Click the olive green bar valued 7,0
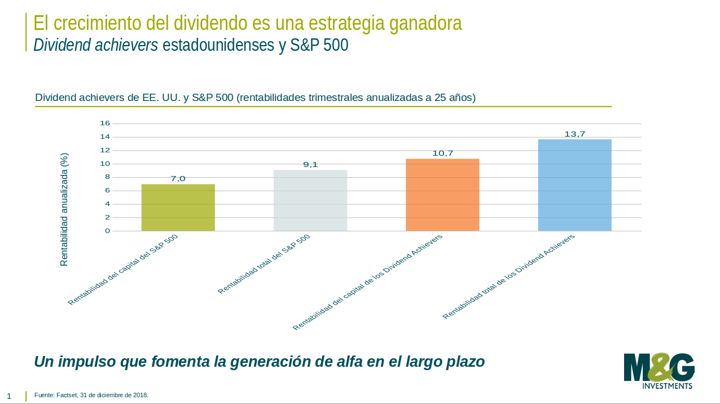tap(178, 208)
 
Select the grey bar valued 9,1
tap(310, 200)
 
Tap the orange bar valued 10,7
tap(442, 195)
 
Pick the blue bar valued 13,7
tap(574, 185)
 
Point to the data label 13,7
tap(574, 134)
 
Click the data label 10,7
tap(442, 153)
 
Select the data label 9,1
tap(310, 165)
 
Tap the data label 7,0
tap(178, 179)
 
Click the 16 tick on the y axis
tap(104, 123)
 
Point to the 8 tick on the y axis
tap(106, 177)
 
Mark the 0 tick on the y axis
tap(106, 231)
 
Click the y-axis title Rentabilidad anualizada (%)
tap(64, 209)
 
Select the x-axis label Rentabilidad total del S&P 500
tap(264, 264)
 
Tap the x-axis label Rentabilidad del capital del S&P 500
tap(123, 270)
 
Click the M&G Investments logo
tap(659, 371)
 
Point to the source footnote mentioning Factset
tap(91, 395)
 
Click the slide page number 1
tap(9, 396)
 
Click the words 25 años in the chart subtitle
tap(455, 98)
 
